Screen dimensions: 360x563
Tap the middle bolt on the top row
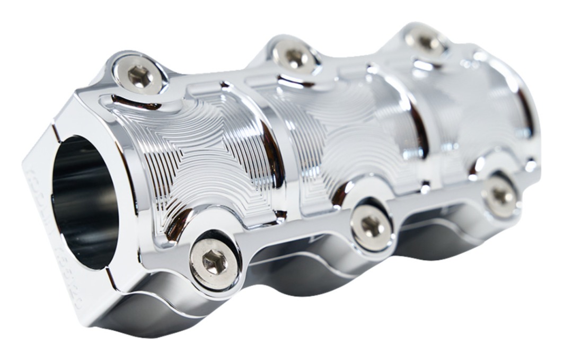click(295, 56)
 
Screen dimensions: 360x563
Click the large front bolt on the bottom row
click(214, 262)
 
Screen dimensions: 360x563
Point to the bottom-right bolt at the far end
click(500, 196)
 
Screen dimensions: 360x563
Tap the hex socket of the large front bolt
click(214, 262)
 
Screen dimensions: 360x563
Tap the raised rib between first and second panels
click(281, 154)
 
